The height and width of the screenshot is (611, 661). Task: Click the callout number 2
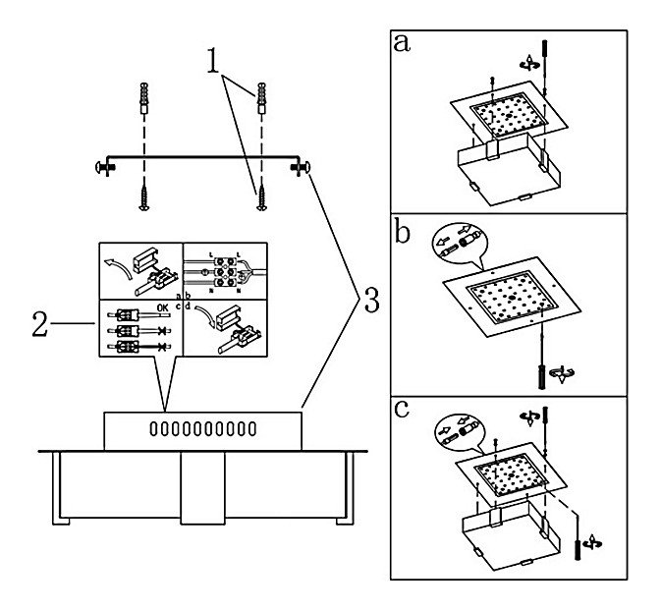coord(39,324)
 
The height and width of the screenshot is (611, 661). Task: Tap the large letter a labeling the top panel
coord(403,44)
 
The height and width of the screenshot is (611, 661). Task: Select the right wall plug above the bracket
coord(261,99)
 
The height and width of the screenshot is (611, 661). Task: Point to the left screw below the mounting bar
coord(143,195)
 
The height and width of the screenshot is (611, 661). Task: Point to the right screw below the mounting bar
coord(261,195)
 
